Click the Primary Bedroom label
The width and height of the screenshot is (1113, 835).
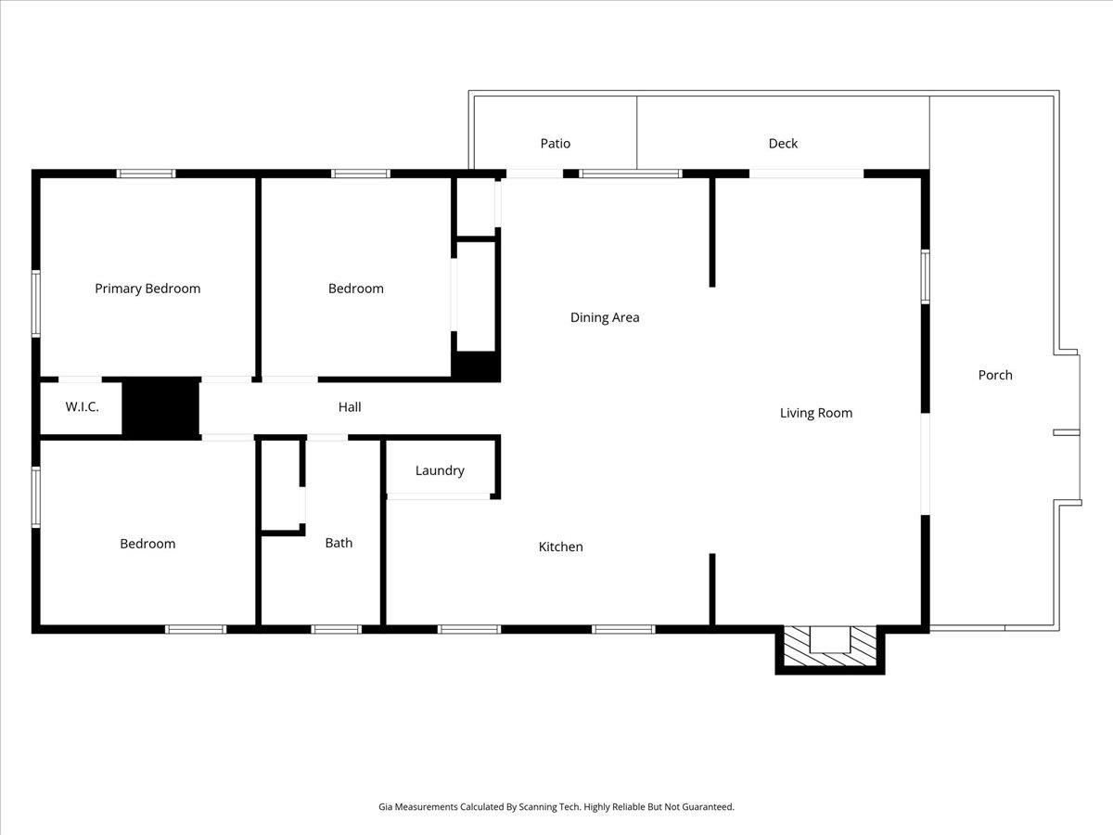pyautogui.click(x=147, y=289)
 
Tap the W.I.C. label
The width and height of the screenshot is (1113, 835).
pyautogui.click(x=82, y=407)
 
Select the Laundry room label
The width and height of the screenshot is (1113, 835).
pyautogui.click(x=440, y=470)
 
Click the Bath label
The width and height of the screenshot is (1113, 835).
pyautogui.click(x=339, y=543)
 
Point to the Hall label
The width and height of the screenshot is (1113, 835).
pyautogui.click(x=350, y=406)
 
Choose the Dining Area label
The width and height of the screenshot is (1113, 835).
pyautogui.click(x=605, y=317)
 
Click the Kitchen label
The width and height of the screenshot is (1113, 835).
pyautogui.click(x=561, y=546)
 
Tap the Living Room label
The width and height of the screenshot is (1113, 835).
pyautogui.click(x=816, y=413)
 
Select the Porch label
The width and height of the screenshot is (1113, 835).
pyautogui.click(x=995, y=375)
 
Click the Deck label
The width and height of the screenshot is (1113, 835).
pyautogui.click(x=783, y=143)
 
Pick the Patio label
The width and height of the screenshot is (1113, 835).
pyautogui.click(x=556, y=143)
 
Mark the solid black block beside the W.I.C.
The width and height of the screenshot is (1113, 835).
pyautogui.click(x=161, y=407)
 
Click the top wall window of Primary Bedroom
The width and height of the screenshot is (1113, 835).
pyautogui.click(x=147, y=173)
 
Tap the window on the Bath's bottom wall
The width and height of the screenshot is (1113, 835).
pyautogui.click(x=336, y=629)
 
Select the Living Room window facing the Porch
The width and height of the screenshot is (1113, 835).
pyautogui.click(x=925, y=276)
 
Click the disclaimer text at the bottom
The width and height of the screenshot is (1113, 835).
pyautogui.click(x=556, y=807)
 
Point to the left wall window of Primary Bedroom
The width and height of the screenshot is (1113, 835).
pyautogui.click(x=36, y=302)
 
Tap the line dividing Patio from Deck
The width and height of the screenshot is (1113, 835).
pyautogui.click(x=637, y=132)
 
